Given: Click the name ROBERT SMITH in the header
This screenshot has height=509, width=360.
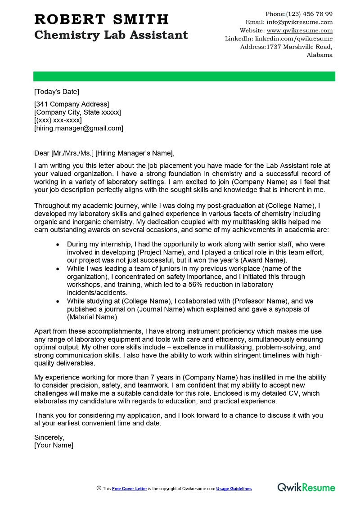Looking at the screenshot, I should point(101,19).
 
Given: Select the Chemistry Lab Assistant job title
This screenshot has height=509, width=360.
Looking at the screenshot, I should point(111,35).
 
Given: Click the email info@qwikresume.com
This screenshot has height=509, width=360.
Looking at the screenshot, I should point(300,22).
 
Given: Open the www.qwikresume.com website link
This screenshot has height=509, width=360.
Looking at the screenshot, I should point(300,31).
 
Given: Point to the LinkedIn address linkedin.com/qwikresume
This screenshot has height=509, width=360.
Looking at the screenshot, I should point(294,39).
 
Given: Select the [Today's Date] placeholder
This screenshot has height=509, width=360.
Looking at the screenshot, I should point(57,92).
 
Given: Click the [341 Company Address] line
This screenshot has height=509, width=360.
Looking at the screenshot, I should point(72,104).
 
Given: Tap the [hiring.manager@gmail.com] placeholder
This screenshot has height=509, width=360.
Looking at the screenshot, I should point(79,128).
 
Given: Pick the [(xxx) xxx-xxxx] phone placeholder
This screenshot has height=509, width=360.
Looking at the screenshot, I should point(58,120).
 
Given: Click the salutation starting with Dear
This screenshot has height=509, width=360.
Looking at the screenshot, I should point(104,152).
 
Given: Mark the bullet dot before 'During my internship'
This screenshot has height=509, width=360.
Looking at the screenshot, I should point(57,244).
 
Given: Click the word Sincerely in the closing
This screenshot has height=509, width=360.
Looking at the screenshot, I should point(49,437).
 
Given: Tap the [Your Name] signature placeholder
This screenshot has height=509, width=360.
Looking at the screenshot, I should point(54,445).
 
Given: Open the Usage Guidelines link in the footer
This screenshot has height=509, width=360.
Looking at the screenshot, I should point(234,489).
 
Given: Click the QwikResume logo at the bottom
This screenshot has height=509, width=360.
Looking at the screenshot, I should point(306,487).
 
